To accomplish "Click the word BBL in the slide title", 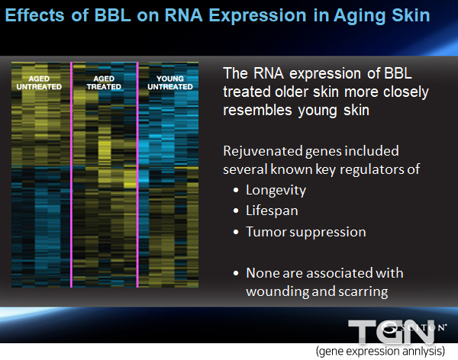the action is [x=113, y=15].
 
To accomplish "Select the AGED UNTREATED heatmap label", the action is [x=39, y=82].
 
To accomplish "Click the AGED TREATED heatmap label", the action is [x=104, y=82].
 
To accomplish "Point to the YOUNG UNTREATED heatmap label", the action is [x=170, y=82].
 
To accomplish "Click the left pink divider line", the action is [x=71, y=175].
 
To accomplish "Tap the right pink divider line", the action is [x=137, y=175].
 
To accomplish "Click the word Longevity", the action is [x=276, y=191].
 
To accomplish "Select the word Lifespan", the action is [x=272, y=211].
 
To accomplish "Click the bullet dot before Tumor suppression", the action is [x=236, y=232].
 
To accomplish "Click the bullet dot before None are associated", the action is [x=236, y=273].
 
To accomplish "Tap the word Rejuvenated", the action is [x=263, y=151].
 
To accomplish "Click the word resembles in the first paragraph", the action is [x=257, y=111].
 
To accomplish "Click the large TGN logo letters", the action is [x=392, y=331].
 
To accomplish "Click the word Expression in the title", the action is [x=257, y=15].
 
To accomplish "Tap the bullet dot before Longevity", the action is [x=236, y=191].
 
